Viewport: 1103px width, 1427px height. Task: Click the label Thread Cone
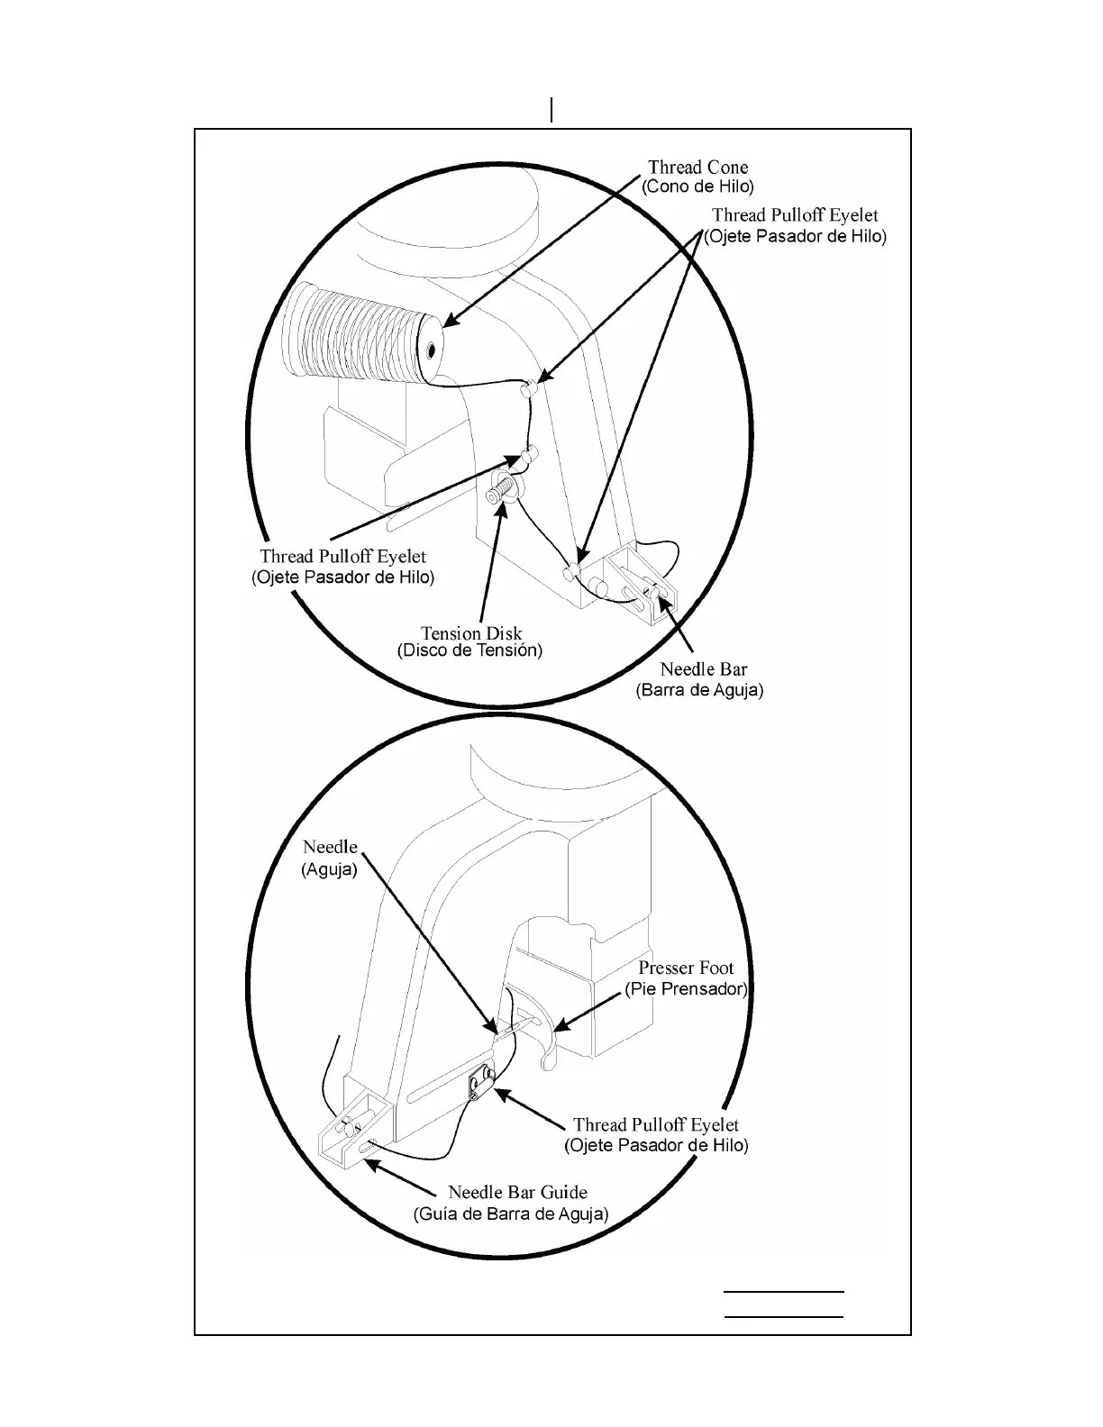(697, 168)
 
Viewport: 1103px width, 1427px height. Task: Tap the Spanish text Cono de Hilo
(697, 187)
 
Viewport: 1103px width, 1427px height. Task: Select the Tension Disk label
(471, 633)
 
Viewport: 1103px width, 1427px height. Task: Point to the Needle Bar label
(703, 670)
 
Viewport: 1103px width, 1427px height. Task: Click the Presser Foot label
(686, 968)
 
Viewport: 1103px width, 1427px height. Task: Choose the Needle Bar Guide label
(517, 1193)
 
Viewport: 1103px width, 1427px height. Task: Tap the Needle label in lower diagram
(330, 848)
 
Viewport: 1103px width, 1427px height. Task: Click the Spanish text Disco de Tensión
(469, 650)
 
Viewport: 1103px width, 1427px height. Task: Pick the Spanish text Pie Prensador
(686, 989)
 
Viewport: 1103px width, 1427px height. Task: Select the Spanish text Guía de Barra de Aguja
(511, 1213)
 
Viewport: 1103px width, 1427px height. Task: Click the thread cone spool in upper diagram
(360, 333)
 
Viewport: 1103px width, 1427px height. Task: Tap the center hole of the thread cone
(432, 350)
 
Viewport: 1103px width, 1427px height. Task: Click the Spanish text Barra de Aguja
(699, 691)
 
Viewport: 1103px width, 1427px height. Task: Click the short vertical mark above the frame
(551, 110)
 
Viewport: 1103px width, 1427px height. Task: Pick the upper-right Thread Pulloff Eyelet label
(795, 215)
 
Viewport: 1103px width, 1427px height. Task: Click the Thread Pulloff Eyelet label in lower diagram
(656, 1125)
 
